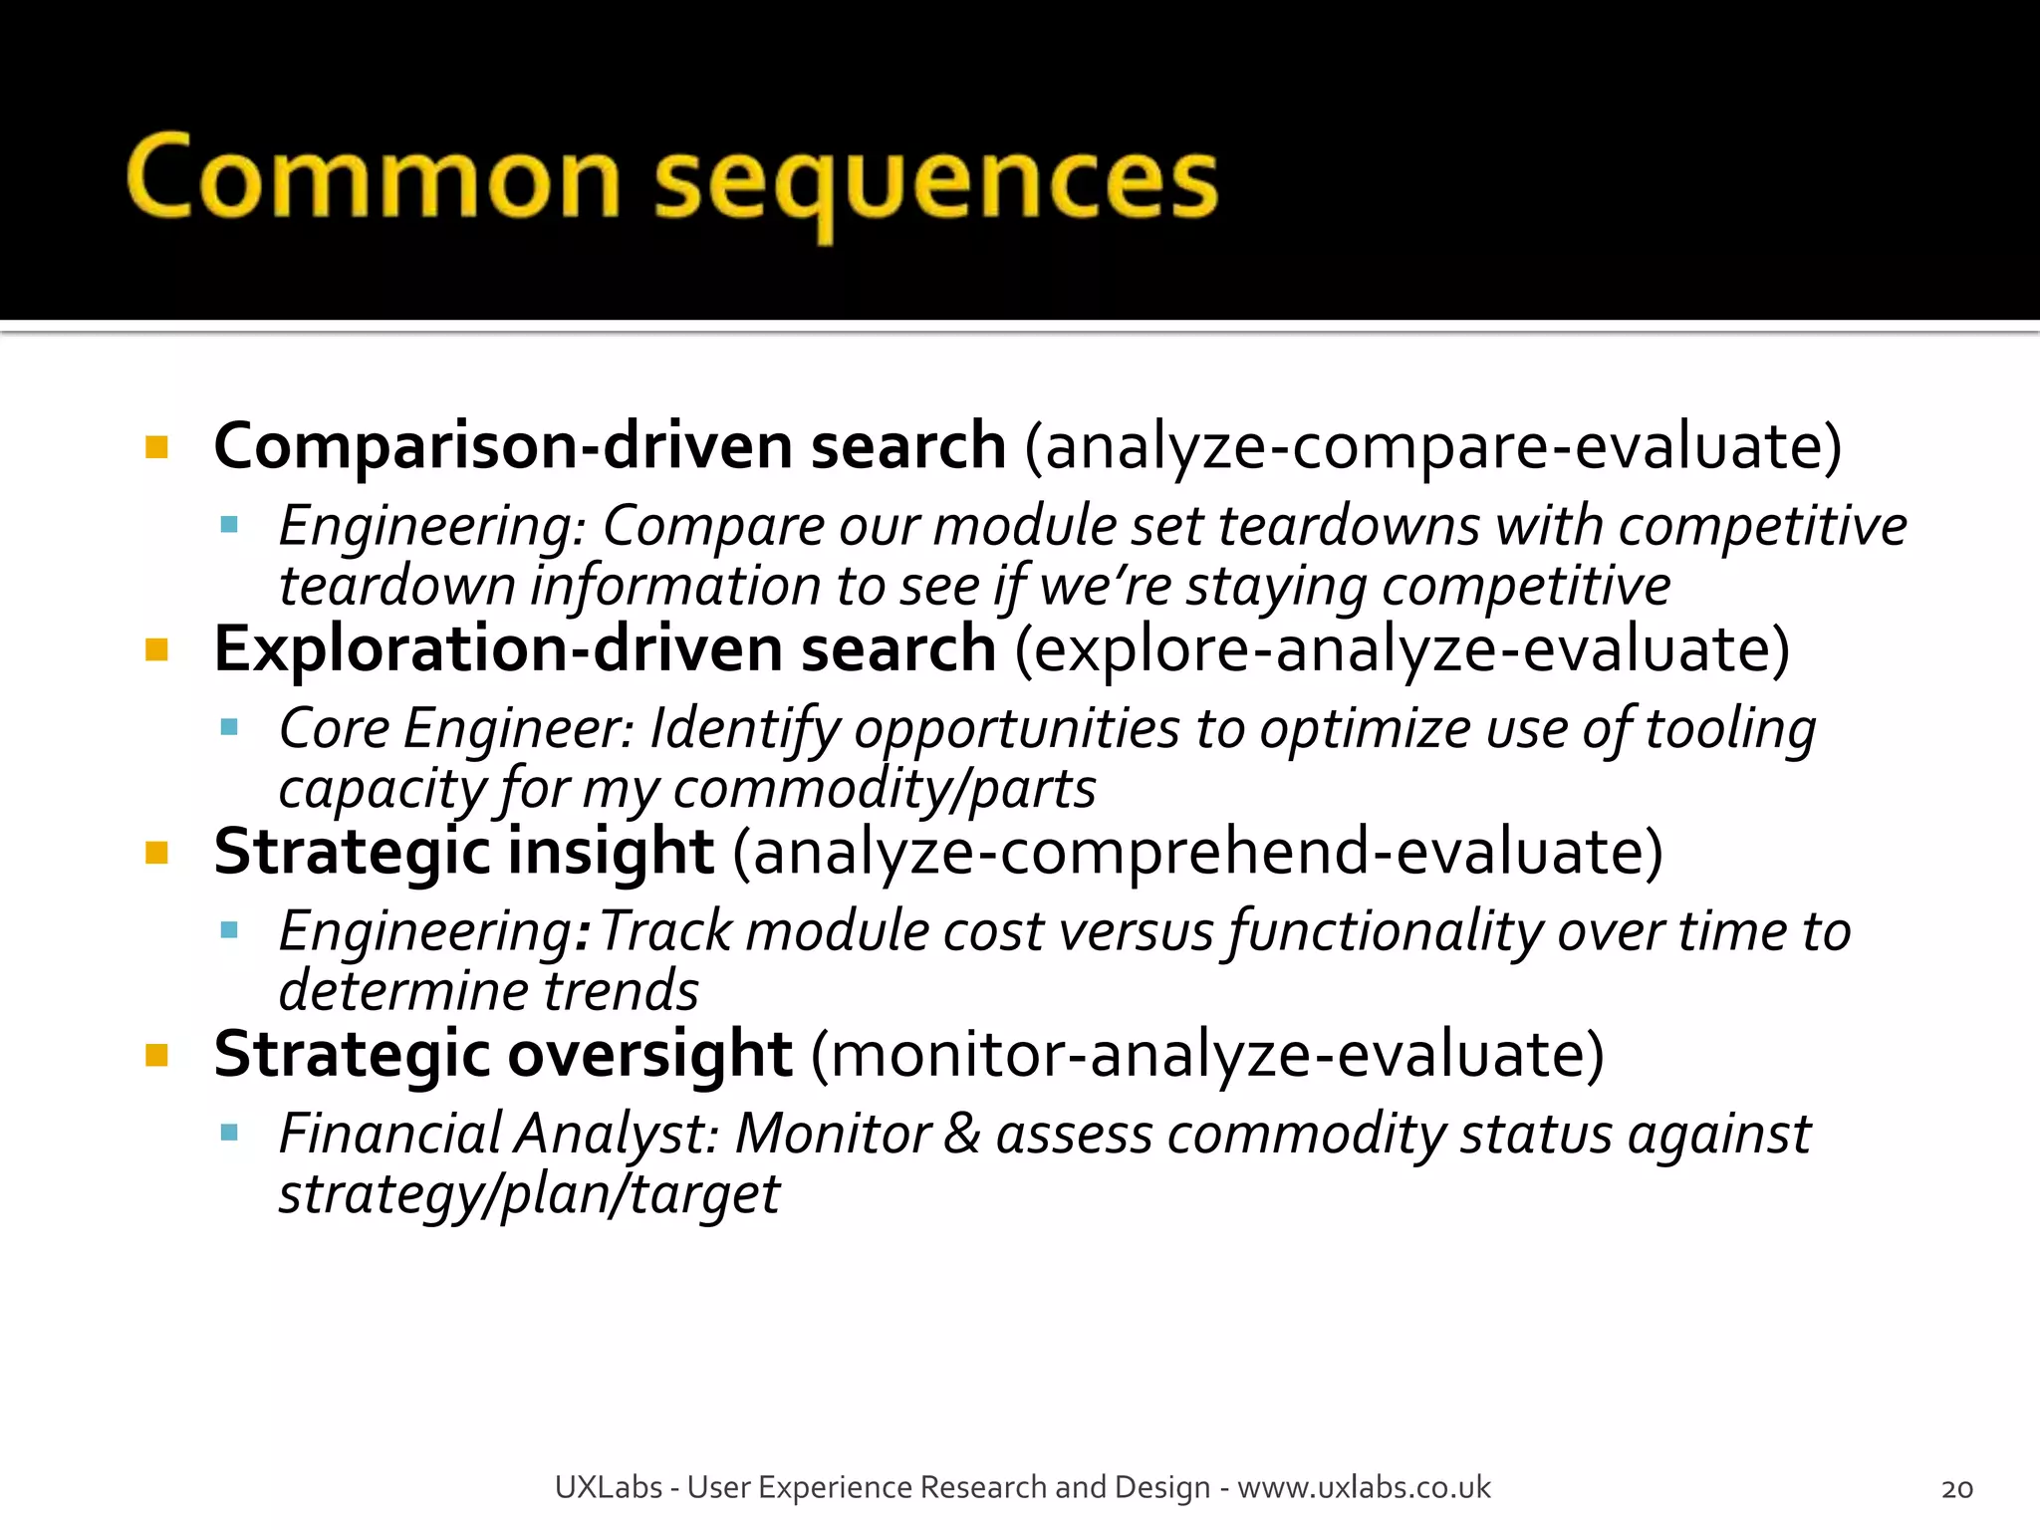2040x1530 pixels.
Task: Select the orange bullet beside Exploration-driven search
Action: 156,650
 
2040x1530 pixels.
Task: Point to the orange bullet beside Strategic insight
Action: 156,853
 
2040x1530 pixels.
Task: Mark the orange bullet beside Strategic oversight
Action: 156,1055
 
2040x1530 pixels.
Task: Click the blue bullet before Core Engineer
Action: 230,728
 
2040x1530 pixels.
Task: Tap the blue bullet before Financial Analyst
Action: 230,1133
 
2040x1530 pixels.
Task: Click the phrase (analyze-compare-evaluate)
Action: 1433,446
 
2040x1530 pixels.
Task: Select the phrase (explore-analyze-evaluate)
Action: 1402,650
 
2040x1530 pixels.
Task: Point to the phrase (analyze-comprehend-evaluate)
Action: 1197,853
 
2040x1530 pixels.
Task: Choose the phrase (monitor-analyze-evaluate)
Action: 1207,1055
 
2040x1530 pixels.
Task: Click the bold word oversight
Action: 642,1055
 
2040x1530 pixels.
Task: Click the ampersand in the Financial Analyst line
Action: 961,1134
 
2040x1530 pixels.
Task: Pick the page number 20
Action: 1956,1489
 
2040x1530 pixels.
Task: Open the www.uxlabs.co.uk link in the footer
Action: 1364,1487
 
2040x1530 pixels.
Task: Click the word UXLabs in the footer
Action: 608,1487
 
